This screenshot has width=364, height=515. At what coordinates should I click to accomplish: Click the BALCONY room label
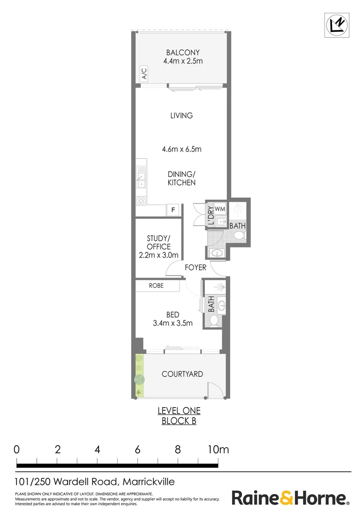(183, 52)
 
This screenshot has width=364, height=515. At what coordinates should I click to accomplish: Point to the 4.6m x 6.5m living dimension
(182, 149)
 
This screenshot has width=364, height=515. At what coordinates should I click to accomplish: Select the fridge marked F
(172, 210)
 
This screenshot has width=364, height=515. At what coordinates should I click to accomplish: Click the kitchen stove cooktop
(141, 201)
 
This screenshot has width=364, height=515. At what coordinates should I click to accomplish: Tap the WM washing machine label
(220, 209)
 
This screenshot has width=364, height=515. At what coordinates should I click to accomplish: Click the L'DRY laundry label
(211, 216)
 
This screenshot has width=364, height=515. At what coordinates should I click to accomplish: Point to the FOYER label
(195, 268)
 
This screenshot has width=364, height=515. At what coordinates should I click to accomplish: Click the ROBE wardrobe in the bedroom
(156, 286)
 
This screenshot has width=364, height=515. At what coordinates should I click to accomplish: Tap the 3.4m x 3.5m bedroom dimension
(172, 323)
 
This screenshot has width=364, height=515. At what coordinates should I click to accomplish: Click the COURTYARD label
(182, 374)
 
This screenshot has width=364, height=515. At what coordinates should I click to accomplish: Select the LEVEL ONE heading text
(179, 411)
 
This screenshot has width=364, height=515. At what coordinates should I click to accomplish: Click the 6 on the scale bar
(138, 449)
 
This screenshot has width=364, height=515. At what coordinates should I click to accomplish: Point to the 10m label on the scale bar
(217, 449)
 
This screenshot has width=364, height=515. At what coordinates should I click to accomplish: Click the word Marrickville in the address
(149, 482)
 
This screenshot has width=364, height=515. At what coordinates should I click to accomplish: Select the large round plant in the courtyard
(139, 379)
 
